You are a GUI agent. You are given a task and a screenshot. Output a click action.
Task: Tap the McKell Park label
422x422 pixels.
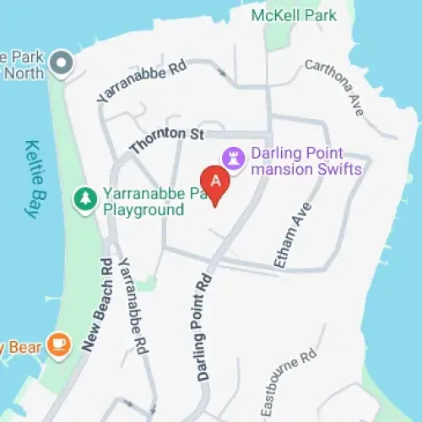pyautogui.click(x=293, y=15)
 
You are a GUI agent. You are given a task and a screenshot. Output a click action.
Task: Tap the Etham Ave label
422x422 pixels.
pyautogui.click(x=289, y=235)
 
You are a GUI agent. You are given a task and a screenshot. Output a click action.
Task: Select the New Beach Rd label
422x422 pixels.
pyautogui.click(x=97, y=304)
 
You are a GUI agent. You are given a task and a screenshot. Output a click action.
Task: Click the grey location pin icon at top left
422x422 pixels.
pyautogui.click(x=61, y=61)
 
